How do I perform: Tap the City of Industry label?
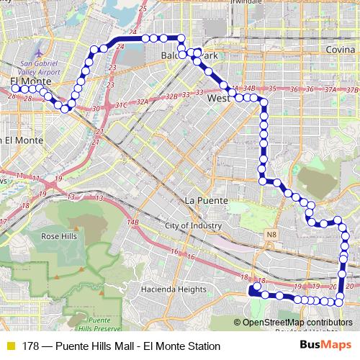193,225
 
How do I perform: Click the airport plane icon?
37,53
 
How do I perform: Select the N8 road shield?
270,235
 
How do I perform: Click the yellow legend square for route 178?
9,346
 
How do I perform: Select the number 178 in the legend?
30,346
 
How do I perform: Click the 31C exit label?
120,106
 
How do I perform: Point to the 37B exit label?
351,89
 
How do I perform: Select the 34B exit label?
249,88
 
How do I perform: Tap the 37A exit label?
330,89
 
